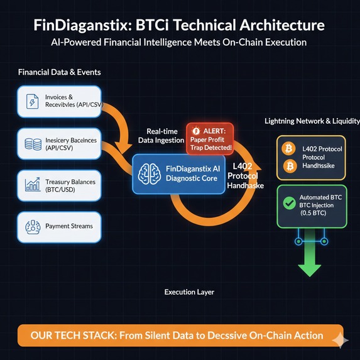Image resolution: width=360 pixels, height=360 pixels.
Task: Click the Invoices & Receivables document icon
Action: tap(32, 102)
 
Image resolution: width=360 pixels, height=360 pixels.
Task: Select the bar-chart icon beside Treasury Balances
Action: tap(31, 185)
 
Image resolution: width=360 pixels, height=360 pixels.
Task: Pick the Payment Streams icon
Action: tap(32, 226)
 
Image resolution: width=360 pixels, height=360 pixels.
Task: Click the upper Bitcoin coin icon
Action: tap(290, 148)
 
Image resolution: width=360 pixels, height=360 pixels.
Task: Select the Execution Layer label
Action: tap(189, 292)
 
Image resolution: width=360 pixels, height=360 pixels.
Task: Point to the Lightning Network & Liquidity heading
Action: tap(312, 121)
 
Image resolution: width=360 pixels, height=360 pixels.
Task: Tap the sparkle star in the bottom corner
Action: tap(341, 339)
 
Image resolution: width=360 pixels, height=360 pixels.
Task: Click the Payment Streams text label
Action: tap(69, 226)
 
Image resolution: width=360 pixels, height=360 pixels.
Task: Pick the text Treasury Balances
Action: tap(70, 182)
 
